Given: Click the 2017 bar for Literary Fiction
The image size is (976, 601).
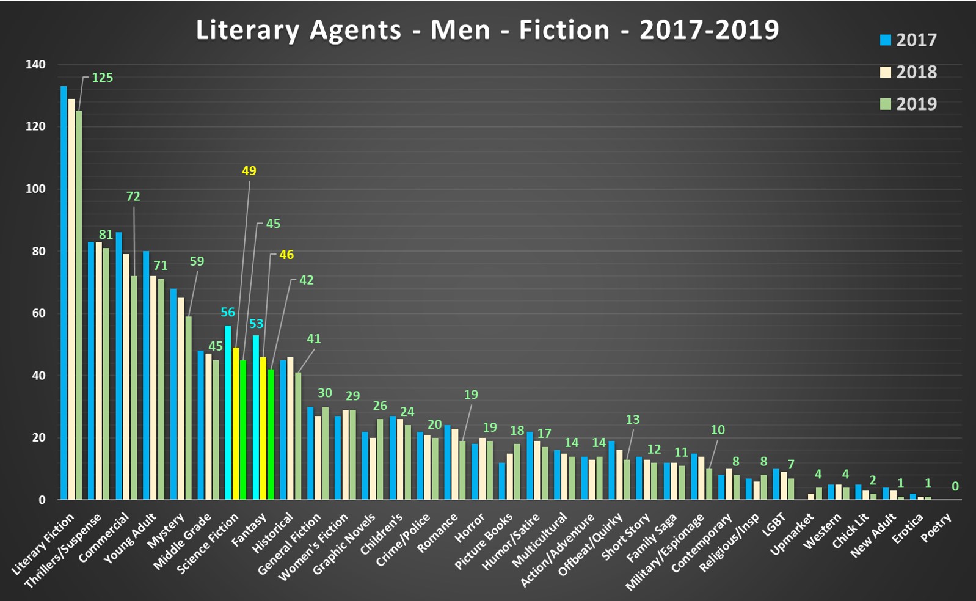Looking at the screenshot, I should pos(64,293).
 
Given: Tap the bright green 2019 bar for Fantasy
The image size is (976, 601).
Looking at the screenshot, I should pos(271,434).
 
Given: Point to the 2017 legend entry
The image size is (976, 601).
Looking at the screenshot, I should pos(908,40).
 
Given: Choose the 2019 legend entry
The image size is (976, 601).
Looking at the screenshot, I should pos(908,104).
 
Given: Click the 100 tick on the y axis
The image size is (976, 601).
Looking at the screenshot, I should pos(35,189).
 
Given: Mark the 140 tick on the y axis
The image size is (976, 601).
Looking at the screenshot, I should pos(35,64).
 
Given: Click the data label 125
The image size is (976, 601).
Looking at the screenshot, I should pos(103,78).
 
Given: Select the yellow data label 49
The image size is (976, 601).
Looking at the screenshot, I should pos(249,171).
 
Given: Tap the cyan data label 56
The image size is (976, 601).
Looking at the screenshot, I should pos(228,312).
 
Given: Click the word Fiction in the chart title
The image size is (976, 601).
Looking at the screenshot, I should pos(564,30).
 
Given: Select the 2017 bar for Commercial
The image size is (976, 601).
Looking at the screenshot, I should pos(118,366).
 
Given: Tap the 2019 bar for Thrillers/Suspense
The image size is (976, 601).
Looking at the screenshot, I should pos(106,374).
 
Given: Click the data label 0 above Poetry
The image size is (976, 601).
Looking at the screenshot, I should pos(955,486).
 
